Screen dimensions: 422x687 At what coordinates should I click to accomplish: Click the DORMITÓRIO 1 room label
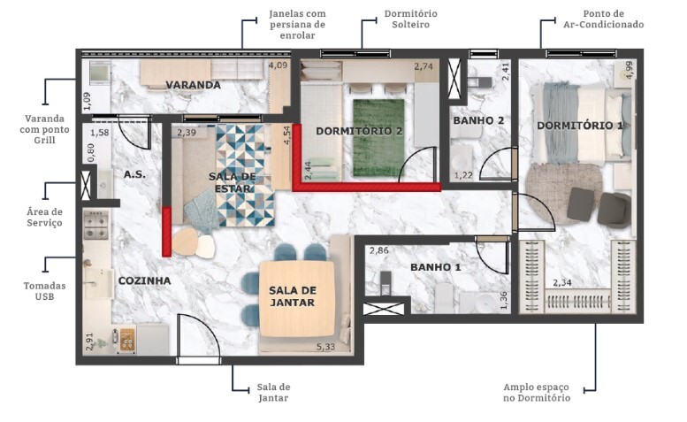(x=580, y=126)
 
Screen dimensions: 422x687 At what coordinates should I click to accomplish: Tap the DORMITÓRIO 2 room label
(x=359, y=131)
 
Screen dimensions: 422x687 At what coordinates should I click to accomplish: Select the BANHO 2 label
(x=478, y=120)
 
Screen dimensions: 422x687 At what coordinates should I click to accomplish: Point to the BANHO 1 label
(x=436, y=266)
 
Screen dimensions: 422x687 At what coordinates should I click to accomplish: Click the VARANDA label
(x=193, y=85)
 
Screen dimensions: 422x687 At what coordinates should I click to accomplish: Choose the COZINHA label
(x=144, y=280)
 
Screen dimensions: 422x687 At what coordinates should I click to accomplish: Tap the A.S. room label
(x=134, y=174)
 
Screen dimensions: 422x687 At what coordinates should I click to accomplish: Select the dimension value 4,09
(x=278, y=65)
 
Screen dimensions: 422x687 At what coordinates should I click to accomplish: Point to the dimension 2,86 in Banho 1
(x=379, y=251)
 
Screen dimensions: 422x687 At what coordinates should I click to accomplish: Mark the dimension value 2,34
(x=563, y=283)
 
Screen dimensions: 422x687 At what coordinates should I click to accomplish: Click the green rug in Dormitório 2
(x=378, y=137)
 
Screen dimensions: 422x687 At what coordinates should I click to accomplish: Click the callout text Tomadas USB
(x=43, y=292)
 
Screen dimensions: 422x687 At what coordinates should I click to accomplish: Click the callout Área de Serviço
(x=43, y=217)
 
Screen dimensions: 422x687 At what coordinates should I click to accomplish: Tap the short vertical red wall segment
(x=166, y=232)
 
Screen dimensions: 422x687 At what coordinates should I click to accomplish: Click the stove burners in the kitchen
(x=95, y=226)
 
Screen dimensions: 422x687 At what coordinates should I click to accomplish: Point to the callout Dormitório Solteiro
(x=410, y=19)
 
